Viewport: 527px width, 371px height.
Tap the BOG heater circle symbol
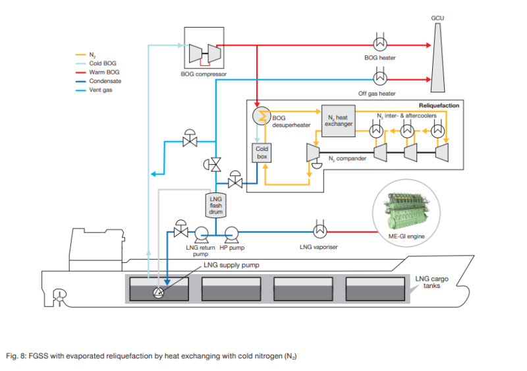click(380, 43)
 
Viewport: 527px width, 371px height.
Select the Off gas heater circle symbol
click(380, 78)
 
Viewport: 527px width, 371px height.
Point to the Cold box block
click(262, 153)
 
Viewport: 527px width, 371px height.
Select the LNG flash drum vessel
click(216, 204)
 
